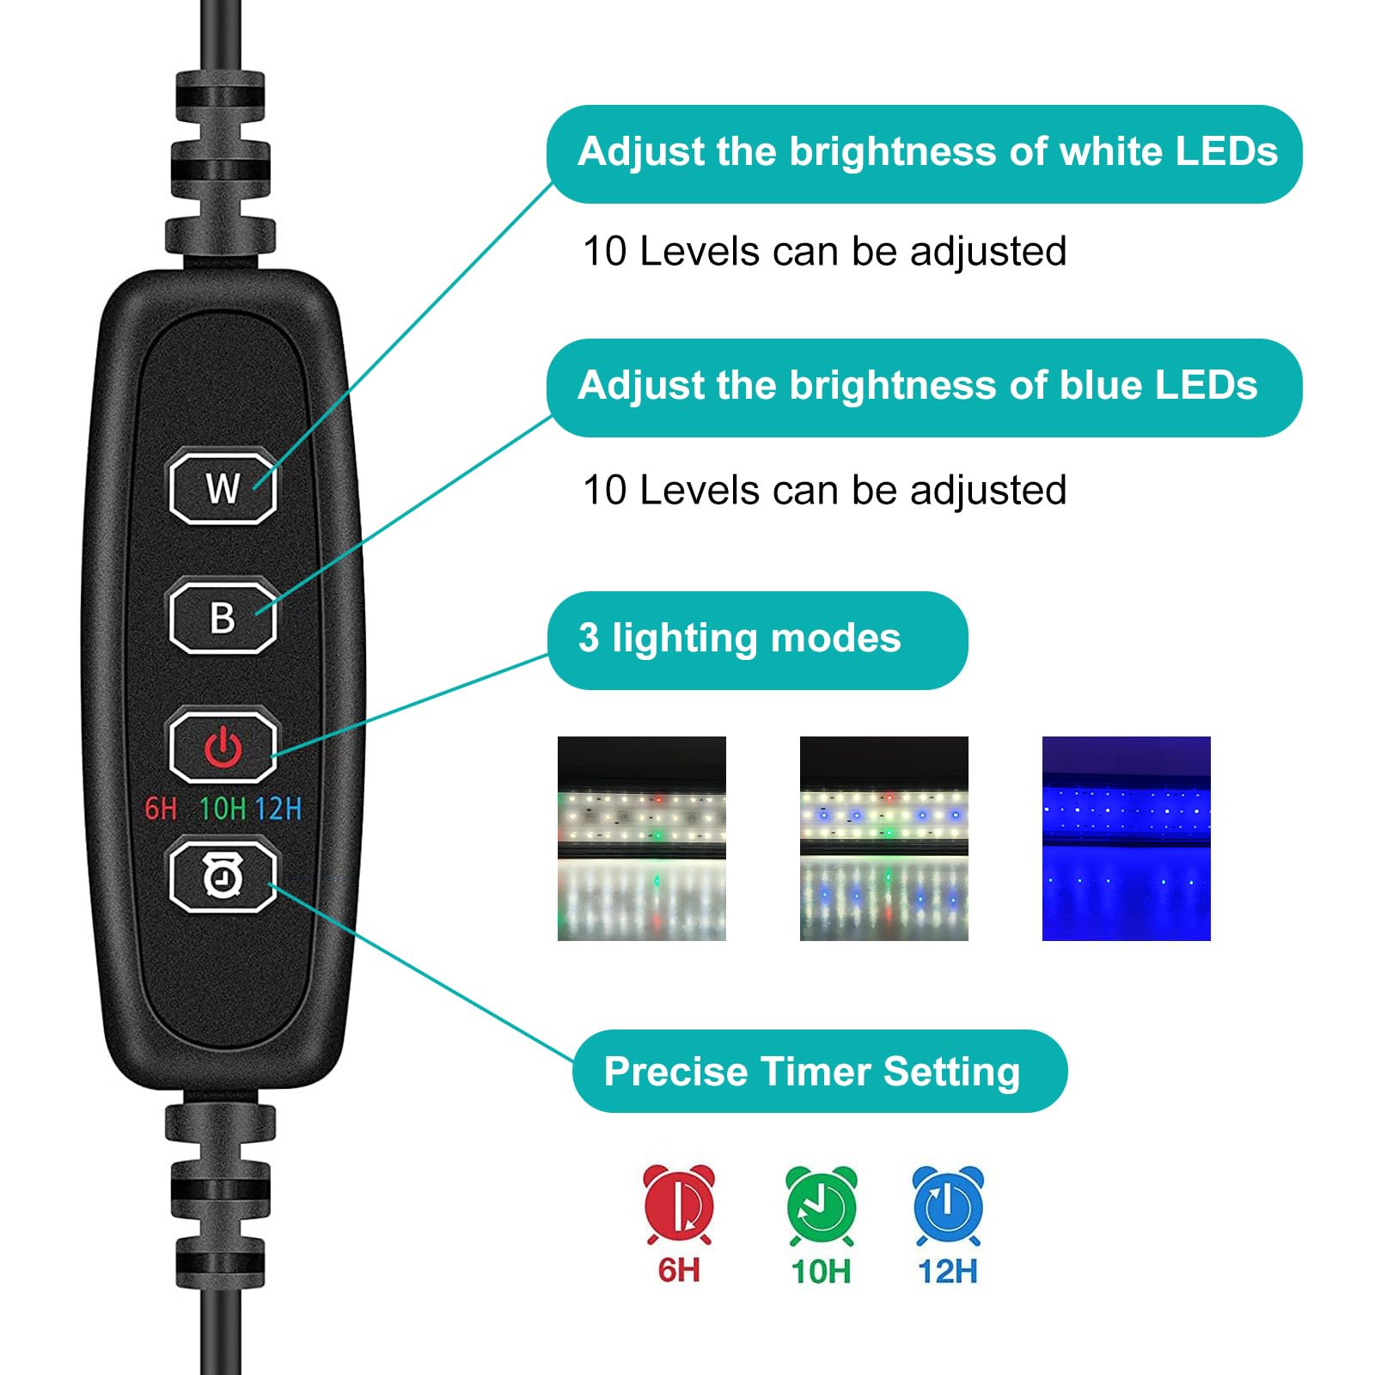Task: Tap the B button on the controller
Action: point(223,617)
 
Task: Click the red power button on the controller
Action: point(223,746)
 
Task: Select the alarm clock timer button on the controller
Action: point(223,877)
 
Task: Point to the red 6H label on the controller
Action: point(161,809)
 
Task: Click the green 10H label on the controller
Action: point(223,809)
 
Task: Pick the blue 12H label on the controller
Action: point(278,809)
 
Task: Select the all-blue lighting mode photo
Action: point(1126,838)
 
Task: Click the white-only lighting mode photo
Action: point(642,838)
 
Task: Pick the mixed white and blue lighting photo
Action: point(883,838)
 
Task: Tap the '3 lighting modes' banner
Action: point(757,639)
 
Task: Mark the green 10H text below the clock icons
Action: point(821,1271)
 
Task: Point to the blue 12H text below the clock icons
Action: point(948,1271)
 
